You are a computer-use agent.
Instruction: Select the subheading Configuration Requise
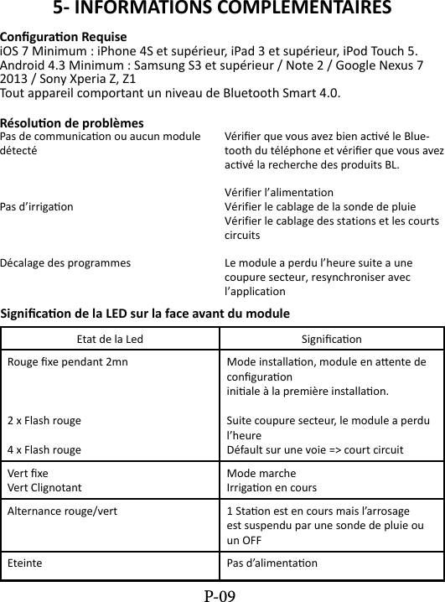click(x=64, y=38)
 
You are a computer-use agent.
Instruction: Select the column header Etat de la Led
click(x=110, y=340)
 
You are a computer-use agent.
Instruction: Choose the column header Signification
click(x=331, y=340)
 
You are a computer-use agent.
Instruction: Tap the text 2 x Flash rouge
click(x=44, y=421)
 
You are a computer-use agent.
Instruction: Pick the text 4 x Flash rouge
click(x=44, y=449)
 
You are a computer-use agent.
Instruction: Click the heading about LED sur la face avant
click(x=146, y=314)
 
